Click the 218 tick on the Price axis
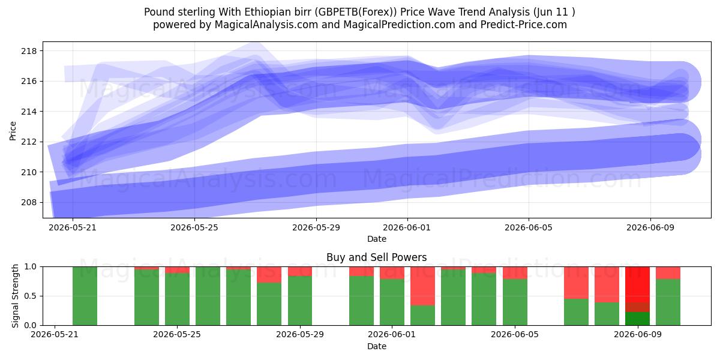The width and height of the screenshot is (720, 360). click(29, 51)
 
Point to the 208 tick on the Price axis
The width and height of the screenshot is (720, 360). click(29, 203)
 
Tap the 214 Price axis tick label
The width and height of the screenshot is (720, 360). click(29, 112)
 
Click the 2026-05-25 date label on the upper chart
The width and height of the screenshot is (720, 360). click(194, 227)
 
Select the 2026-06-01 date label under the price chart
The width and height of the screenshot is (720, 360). click(407, 227)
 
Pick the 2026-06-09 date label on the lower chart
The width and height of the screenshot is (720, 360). click(638, 334)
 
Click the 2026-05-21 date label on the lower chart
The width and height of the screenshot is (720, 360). click(55, 334)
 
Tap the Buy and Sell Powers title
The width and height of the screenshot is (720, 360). click(376, 257)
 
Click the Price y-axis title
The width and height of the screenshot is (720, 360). click(13, 131)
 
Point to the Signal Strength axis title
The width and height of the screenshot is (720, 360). click(15, 296)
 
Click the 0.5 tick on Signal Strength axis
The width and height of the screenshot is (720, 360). click(30, 296)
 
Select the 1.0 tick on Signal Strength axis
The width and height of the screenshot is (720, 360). click(30, 267)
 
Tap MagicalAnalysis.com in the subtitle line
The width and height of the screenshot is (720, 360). click(266, 25)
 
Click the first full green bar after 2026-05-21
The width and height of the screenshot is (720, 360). click(85, 296)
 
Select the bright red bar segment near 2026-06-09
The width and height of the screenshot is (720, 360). click(637, 284)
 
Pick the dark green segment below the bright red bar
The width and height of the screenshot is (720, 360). click(637, 319)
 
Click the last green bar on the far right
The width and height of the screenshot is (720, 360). click(668, 302)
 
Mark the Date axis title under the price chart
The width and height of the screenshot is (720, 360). click(377, 239)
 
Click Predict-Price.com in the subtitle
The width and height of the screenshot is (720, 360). click(524, 25)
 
